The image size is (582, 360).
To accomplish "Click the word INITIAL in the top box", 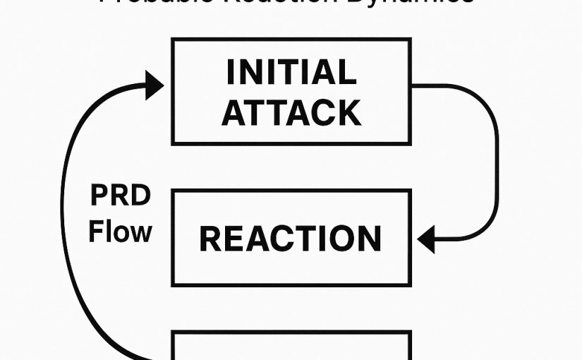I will (x=291, y=73).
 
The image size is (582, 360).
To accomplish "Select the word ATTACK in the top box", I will (x=291, y=112).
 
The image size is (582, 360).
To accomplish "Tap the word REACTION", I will (x=291, y=239).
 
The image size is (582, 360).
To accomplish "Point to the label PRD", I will (x=121, y=196).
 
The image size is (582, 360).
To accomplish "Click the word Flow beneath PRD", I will (x=120, y=232).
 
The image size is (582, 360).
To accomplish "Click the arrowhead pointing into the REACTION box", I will (x=426, y=240).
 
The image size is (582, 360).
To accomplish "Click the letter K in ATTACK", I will (x=348, y=112).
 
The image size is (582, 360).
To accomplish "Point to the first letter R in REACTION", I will (x=210, y=239).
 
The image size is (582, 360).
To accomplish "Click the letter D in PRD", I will (x=140, y=196).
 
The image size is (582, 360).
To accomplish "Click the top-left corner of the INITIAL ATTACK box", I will (x=174, y=40).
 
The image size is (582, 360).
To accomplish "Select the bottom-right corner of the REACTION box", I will (x=410, y=284).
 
